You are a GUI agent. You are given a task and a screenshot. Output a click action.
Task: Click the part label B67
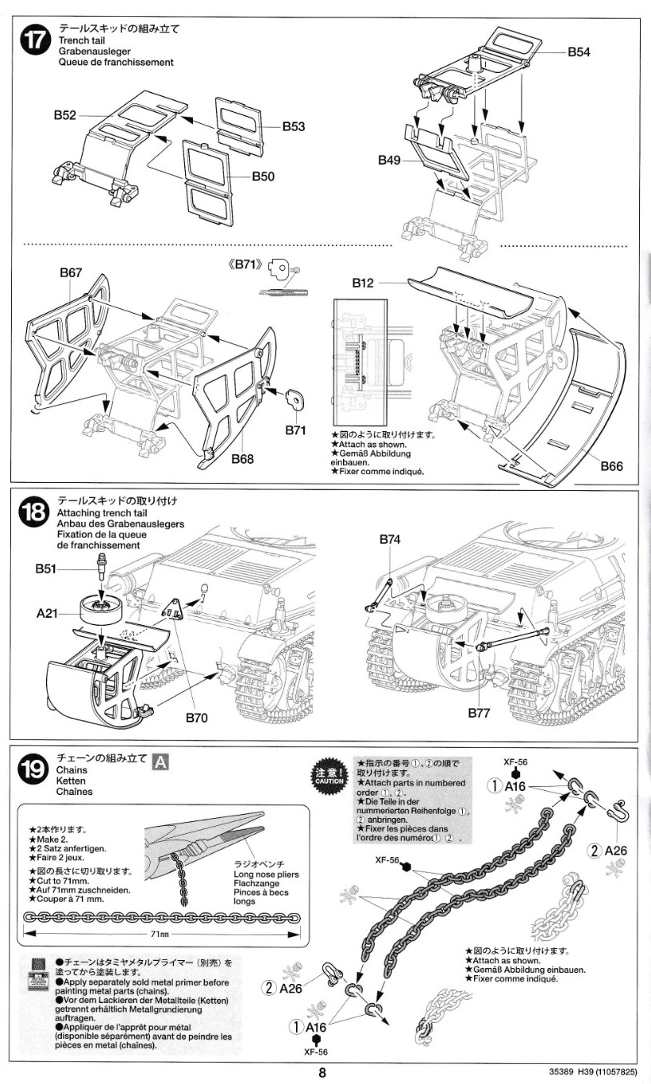click(71, 272)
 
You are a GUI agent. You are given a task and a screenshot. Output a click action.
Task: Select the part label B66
click(611, 466)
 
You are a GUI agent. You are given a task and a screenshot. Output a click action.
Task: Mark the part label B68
click(243, 459)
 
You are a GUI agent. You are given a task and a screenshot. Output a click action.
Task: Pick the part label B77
click(479, 712)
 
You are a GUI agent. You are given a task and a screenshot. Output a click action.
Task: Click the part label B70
click(196, 718)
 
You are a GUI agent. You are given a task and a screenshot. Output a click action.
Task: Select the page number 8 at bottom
click(323, 1071)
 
